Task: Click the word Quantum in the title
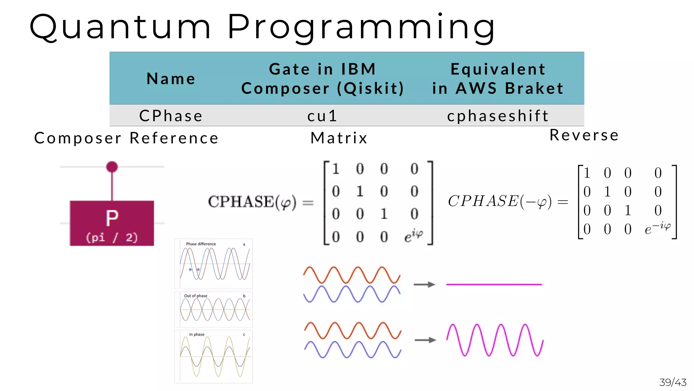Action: (120, 27)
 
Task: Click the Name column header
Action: (171, 79)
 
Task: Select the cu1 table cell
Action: (322, 116)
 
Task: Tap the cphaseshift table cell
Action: (498, 116)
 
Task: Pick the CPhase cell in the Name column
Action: (171, 116)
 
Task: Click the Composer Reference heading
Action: (126, 138)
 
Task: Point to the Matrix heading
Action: (339, 138)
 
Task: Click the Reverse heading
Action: (584, 135)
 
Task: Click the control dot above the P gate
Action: (112, 167)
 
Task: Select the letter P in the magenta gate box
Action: (112, 218)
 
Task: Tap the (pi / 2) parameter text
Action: (112, 237)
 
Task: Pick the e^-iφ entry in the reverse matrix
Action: (657, 228)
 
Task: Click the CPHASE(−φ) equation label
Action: (500, 201)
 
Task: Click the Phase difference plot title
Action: (201, 244)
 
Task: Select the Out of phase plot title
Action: (196, 296)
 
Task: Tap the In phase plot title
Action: (197, 335)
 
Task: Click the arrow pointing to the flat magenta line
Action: (424, 284)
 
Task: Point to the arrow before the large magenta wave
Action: (425, 340)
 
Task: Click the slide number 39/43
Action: (673, 383)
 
